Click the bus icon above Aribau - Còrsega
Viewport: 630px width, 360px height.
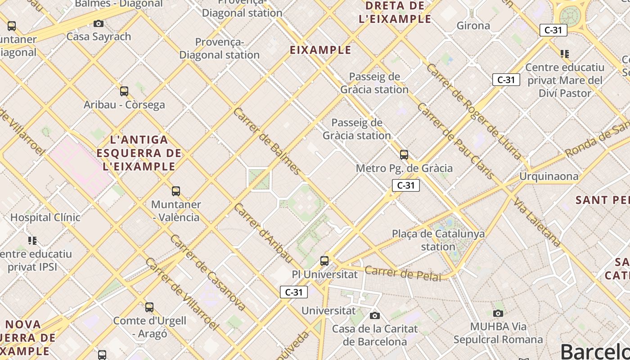pos(124,91)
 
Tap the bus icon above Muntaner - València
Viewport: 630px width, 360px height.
pos(176,191)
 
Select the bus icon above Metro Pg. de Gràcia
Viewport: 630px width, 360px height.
pos(404,155)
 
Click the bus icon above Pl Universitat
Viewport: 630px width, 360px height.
pos(324,261)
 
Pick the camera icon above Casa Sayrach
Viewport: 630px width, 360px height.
pos(99,23)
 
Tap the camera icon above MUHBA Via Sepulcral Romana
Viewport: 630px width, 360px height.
pos(498,313)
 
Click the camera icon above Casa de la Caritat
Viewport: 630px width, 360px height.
pos(375,315)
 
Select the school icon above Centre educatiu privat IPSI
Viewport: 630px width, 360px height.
pos(32,240)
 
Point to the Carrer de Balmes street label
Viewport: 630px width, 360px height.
pos(267,141)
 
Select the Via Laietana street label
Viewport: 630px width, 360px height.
pos(538,222)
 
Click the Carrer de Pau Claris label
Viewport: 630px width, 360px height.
pos(456,141)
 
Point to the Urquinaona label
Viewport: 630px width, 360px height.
pos(549,176)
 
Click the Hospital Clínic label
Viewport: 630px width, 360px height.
pos(45,217)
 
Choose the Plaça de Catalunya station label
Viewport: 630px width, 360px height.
pos(438,240)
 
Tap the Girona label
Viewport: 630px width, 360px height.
pos(473,26)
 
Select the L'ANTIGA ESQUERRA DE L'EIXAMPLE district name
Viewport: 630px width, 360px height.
pos(139,153)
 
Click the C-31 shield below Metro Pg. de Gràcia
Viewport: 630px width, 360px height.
pos(405,185)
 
